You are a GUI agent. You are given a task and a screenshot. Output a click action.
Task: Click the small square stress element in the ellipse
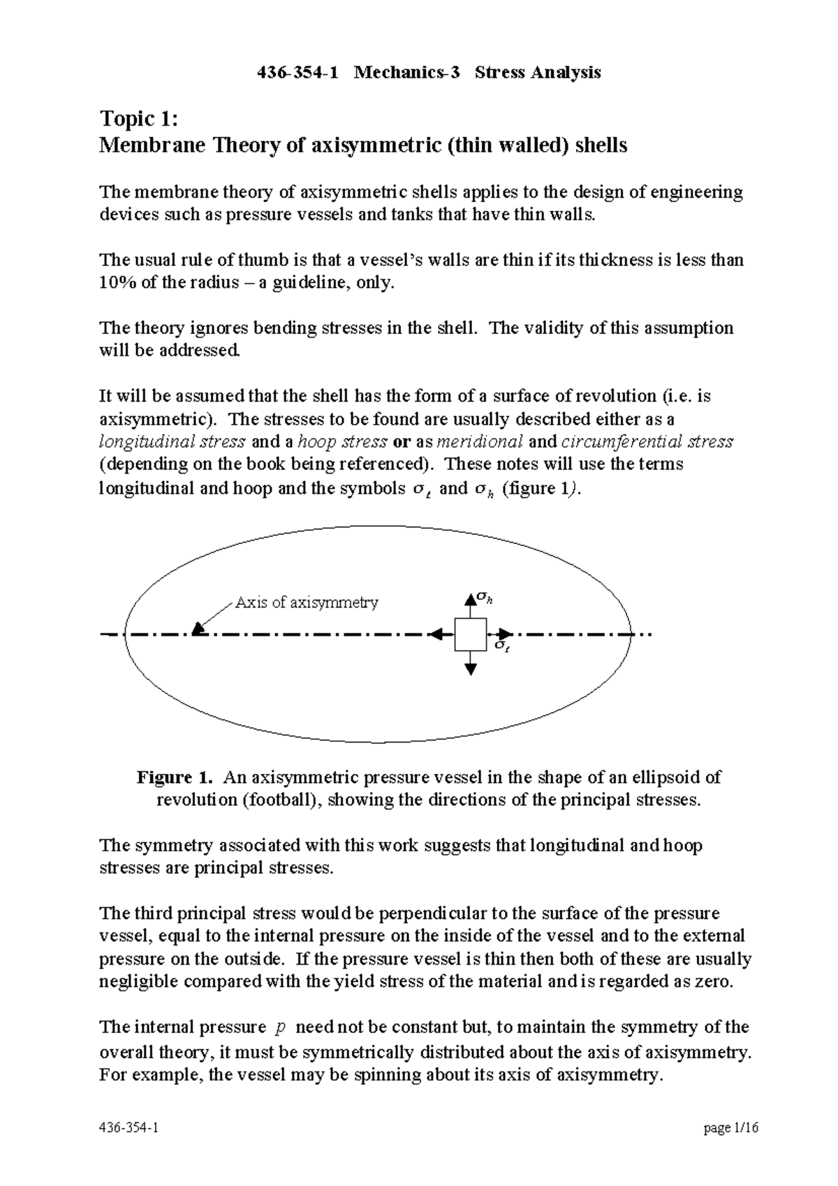point(471,634)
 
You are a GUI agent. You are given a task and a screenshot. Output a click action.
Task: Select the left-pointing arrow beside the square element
point(440,634)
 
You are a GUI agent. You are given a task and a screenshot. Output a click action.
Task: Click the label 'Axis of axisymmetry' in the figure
point(307,602)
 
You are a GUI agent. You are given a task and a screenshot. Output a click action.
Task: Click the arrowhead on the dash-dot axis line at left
point(198,629)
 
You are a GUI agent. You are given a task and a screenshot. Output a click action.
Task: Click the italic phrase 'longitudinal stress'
point(172,441)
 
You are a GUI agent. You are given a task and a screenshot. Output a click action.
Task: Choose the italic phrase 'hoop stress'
point(342,441)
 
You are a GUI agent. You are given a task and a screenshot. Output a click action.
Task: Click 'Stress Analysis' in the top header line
point(538,73)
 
